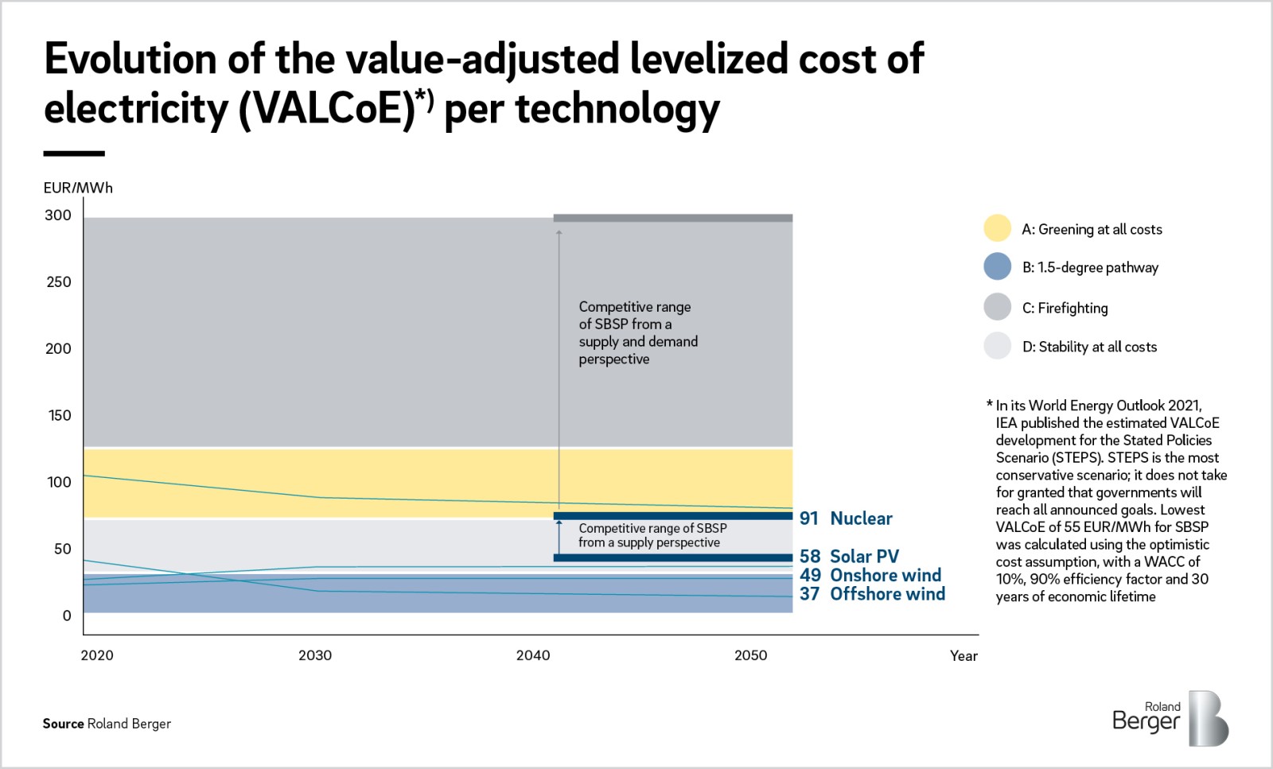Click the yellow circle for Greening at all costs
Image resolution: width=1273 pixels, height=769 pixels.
pos(997,228)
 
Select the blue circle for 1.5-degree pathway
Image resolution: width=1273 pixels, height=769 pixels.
pos(997,266)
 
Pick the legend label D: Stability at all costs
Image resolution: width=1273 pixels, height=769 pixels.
pos(1089,347)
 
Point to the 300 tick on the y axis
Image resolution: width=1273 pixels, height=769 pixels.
pos(58,215)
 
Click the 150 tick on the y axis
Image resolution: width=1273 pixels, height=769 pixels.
pos(59,415)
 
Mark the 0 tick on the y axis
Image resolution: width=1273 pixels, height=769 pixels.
pos(67,616)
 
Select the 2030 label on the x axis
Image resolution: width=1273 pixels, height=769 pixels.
pos(315,655)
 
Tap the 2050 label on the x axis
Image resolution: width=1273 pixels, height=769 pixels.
pos(750,655)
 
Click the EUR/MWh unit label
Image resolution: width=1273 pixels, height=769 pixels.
pos(78,188)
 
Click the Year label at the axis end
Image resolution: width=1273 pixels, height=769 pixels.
pos(964,656)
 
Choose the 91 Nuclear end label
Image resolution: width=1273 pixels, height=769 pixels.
pos(846,518)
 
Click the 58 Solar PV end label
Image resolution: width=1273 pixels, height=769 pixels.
pos(849,557)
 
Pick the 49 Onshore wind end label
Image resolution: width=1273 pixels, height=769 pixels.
pos(870,575)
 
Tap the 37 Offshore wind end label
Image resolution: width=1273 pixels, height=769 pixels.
pos(872,594)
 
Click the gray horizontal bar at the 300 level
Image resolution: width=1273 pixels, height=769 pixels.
pos(672,218)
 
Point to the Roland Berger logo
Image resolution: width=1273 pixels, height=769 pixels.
pos(1170,717)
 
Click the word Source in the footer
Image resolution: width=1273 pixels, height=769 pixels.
pos(63,724)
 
